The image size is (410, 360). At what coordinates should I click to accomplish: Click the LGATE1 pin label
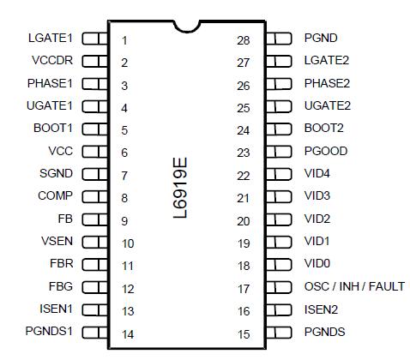pos(51,39)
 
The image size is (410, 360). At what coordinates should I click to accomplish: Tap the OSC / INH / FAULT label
pos(353,286)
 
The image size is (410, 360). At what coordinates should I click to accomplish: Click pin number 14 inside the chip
pos(127,334)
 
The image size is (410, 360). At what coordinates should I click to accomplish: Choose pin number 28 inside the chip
pos(243,40)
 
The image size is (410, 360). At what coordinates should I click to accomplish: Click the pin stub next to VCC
pos(95,152)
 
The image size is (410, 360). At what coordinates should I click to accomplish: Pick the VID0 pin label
pos(317,264)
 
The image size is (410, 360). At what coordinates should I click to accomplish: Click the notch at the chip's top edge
pos(185,25)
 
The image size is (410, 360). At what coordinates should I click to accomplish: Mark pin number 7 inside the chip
pos(124,175)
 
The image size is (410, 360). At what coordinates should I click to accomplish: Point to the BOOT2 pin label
pos(323,129)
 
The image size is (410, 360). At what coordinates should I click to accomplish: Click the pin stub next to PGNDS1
pos(95,332)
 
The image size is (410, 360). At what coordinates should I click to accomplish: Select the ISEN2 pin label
pos(322,309)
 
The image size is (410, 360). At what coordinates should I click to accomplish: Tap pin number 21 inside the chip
pos(243,198)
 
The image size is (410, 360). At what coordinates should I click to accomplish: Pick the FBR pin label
pos(60,264)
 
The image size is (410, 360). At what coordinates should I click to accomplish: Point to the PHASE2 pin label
pos(327,84)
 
